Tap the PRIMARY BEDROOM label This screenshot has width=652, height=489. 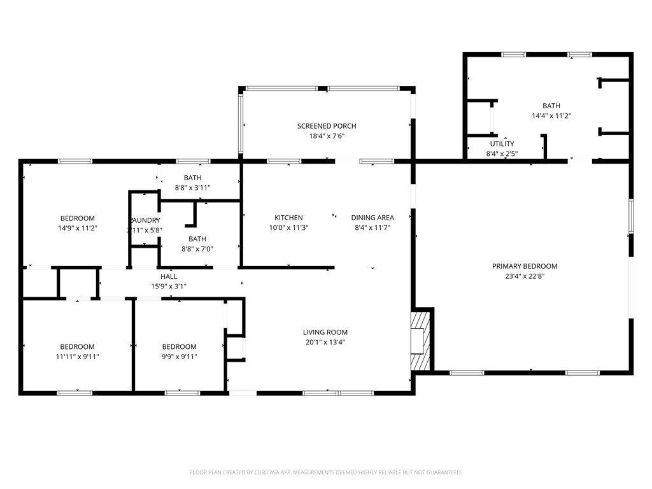coord(525,266)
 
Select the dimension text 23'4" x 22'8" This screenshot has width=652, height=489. coord(525,276)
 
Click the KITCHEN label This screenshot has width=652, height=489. coord(288,218)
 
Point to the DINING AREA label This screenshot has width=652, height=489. coord(372,218)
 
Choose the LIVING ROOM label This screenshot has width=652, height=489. coord(325,332)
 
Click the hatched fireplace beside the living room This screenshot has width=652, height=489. coord(421,341)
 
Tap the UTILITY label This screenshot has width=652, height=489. coord(502,144)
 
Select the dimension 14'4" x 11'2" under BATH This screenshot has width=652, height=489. coord(551,116)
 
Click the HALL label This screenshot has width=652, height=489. coord(169,276)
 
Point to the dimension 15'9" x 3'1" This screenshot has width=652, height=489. coord(169,287)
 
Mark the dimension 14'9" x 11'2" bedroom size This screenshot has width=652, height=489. coord(78,228)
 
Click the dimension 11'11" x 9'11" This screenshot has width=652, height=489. coord(78,357)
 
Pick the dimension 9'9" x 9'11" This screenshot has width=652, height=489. coord(180,357)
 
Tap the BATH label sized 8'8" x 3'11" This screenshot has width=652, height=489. coord(192,178)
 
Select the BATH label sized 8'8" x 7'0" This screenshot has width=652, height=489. coord(197,239)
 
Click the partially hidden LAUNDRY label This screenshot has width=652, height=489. coord(145,220)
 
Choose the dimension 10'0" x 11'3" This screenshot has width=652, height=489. coord(288,228)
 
